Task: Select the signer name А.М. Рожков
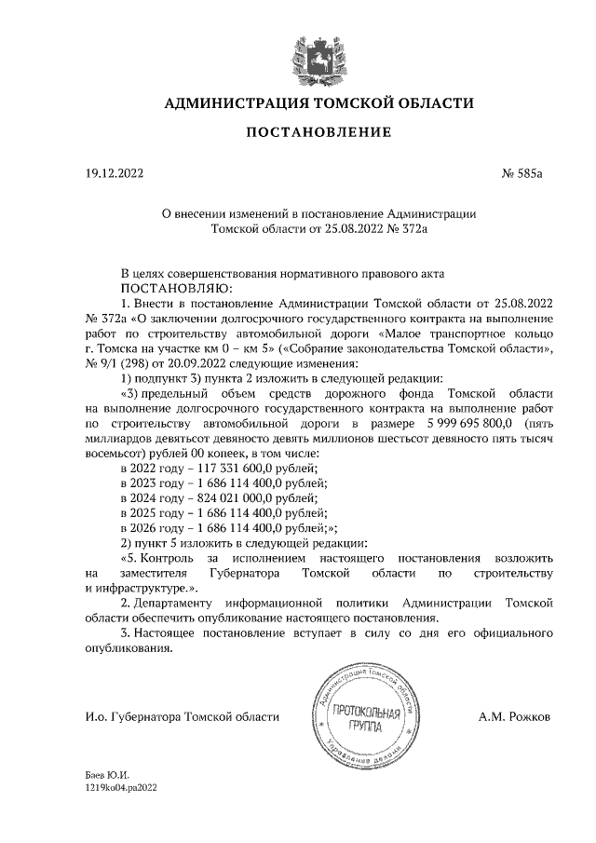pos(514,717)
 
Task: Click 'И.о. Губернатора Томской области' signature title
pos(181,717)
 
